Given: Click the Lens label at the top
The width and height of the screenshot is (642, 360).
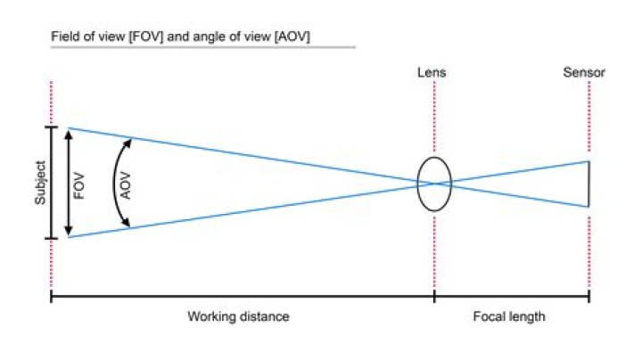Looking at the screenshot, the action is click(x=432, y=72).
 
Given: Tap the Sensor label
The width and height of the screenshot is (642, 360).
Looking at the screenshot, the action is click(x=584, y=72).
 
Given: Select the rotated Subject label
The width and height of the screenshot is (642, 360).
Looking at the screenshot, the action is click(x=40, y=183).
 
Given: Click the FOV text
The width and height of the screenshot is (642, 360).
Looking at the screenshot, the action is click(x=79, y=186).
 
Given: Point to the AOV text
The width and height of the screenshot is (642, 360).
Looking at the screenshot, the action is click(x=126, y=185).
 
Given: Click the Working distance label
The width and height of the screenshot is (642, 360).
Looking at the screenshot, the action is click(x=239, y=316).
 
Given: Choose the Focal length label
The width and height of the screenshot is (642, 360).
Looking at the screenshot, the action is click(x=509, y=316).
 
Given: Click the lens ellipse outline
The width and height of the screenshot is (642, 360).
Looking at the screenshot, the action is click(x=434, y=184).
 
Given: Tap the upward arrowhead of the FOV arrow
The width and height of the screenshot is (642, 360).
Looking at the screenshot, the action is click(x=69, y=135).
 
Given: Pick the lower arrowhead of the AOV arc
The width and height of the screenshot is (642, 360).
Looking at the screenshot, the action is click(x=127, y=223).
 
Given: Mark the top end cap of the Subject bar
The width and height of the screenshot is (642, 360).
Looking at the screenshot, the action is click(x=51, y=127).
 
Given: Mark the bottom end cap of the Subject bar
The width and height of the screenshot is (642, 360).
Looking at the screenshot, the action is click(x=51, y=238).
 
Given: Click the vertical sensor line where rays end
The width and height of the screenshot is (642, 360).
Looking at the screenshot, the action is click(x=588, y=184).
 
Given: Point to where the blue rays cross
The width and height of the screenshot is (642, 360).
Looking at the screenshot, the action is click(x=434, y=184).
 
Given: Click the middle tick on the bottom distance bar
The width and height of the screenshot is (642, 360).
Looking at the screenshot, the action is click(x=434, y=296).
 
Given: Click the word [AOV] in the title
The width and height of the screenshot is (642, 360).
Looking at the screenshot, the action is click(x=292, y=37).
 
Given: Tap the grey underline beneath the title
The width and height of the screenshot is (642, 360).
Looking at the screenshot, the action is click(x=203, y=47).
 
